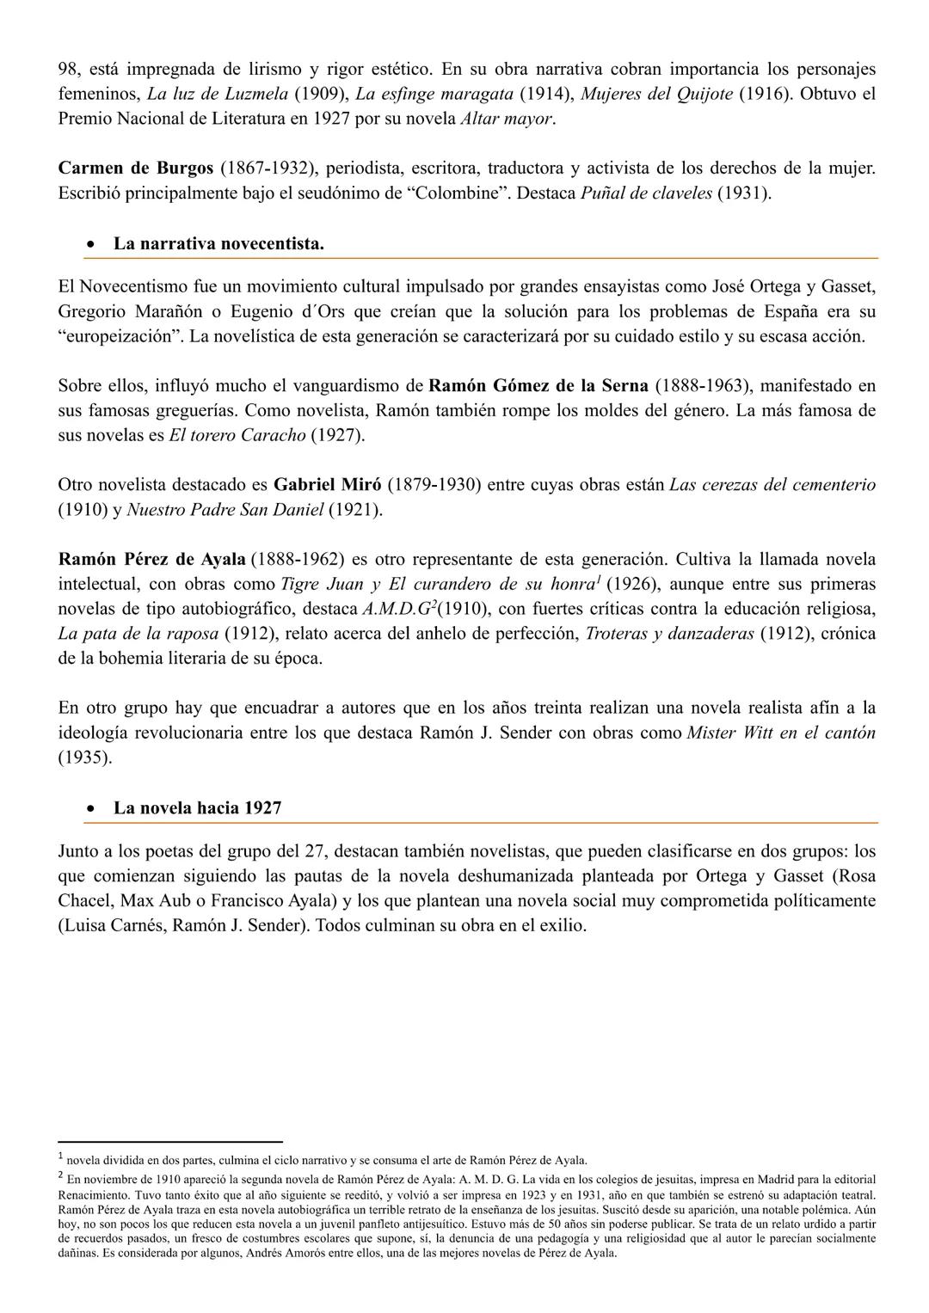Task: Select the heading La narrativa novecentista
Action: click(x=218, y=243)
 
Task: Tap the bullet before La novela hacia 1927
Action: click(x=90, y=808)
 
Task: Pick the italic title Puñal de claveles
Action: click(x=646, y=193)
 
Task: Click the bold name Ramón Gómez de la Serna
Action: click(x=538, y=385)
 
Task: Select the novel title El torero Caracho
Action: click(x=237, y=435)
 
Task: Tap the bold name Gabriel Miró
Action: click(x=327, y=485)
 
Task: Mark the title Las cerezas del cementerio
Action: click(x=772, y=485)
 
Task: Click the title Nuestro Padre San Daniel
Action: click(x=225, y=510)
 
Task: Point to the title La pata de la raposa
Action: click(x=138, y=634)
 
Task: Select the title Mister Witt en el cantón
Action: click(x=781, y=733)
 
